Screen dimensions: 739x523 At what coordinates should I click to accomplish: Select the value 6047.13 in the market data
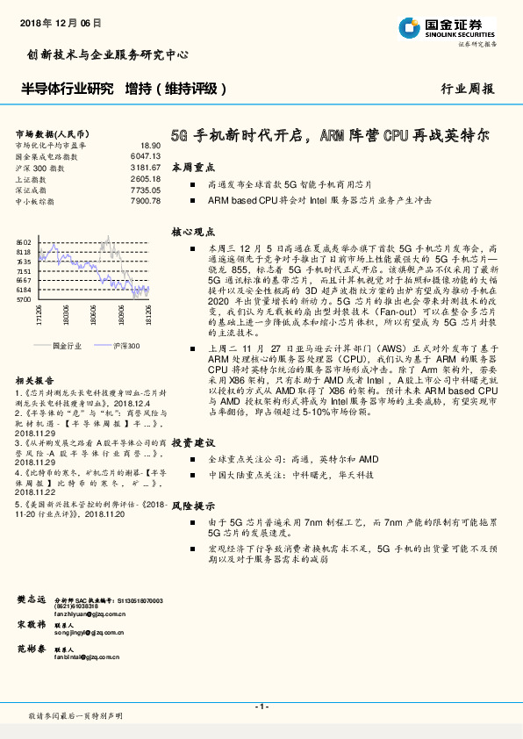point(146,155)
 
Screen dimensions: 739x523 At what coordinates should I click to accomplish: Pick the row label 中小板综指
point(35,201)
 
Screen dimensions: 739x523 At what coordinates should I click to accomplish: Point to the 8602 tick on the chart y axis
point(24,241)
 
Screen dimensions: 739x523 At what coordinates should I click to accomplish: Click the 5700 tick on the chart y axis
point(24,299)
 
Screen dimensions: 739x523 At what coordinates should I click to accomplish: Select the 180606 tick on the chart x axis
point(93,313)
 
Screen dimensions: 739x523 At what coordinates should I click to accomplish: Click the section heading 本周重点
point(188,167)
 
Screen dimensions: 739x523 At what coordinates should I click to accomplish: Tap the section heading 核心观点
point(188,233)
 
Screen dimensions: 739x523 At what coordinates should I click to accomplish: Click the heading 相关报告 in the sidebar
point(33,381)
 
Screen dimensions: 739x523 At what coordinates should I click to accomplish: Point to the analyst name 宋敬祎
point(32,624)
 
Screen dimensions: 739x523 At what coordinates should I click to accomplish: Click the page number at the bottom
point(261,707)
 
